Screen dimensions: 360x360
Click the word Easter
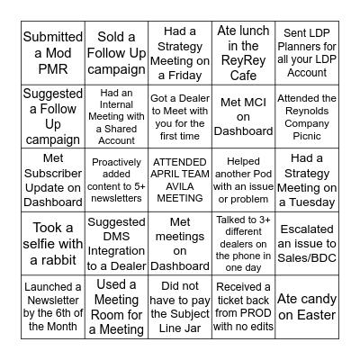click(308, 315)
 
